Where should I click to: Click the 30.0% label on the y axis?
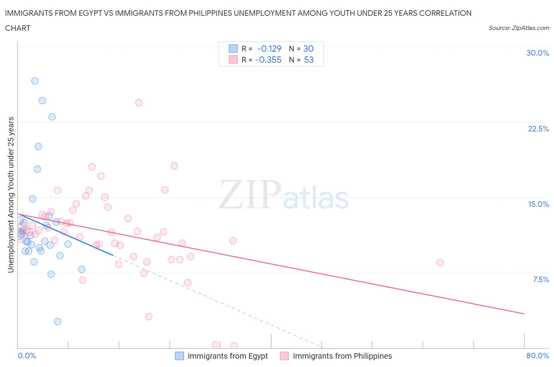537,53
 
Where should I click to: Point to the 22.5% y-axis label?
538,129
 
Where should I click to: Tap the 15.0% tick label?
538,204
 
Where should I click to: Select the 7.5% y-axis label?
541,279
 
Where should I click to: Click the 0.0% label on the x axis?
27,356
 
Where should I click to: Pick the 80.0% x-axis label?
537,356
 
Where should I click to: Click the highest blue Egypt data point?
35,81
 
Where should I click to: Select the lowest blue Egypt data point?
58,322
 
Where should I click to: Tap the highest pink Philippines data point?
139,103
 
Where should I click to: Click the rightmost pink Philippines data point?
440,262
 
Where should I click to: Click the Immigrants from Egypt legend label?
227,356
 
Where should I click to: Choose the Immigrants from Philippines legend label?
342,356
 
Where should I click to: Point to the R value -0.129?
269,49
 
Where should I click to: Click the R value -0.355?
268,60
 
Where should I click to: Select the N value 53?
309,60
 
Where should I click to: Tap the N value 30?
308,49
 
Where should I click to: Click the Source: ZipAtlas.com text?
519,28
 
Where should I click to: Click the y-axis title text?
11,195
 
